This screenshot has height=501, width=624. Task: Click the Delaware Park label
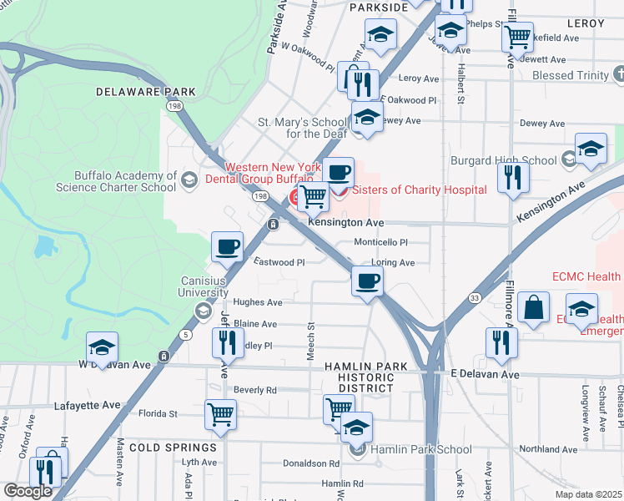145,92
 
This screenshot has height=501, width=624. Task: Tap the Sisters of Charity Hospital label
418,190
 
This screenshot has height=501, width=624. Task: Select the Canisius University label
203,287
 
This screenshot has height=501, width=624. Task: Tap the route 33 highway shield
474,296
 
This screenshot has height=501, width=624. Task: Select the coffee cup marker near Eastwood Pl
228,246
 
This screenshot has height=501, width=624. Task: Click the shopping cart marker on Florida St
220,413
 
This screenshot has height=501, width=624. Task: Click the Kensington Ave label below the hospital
345,223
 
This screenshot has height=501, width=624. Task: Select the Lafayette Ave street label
88,405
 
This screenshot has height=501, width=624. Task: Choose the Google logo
28,491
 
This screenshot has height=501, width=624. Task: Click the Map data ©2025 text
588,494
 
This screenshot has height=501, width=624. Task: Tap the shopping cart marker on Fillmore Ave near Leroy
517,36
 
